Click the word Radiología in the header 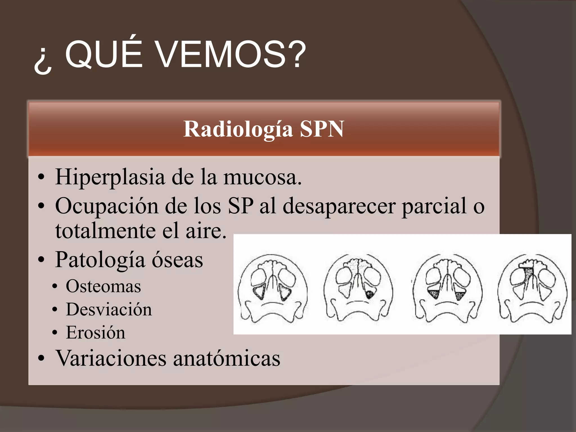click(x=238, y=129)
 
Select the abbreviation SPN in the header click(x=322, y=129)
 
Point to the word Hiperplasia click(x=110, y=177)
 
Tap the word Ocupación click(x=107, y=206)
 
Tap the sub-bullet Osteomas click(x=103, y=286)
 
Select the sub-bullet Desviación click(x=109, y=309)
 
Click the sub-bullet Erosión click(x=96, y=332)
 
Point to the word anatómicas click(x=227, y=358)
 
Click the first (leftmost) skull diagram click(x=272, y=288)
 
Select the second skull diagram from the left click(x=357, y=288)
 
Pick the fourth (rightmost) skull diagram click(x=532, y=288)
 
